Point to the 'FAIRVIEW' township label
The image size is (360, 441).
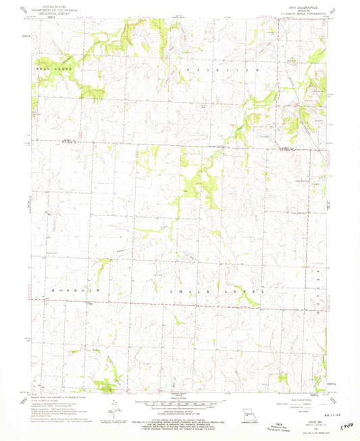(x=210, y=70)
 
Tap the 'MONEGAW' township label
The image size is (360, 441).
(x=70, y=290)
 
